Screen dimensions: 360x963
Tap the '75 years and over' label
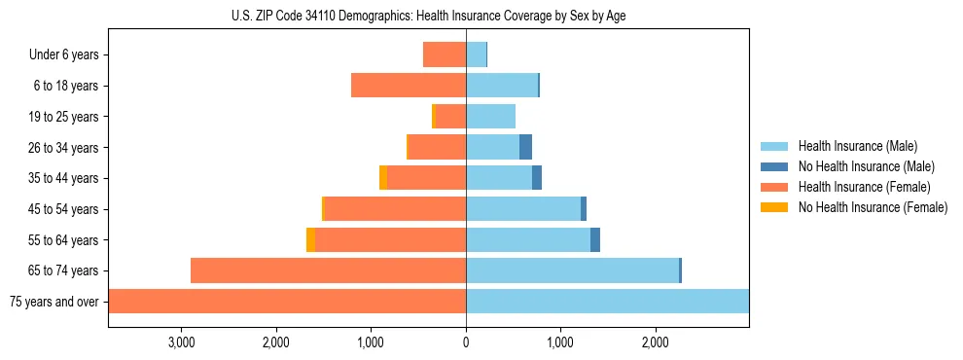tap(54, 302)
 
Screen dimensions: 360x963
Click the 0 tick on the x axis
tap(466, 343)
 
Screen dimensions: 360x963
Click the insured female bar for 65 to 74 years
tap(328, 270)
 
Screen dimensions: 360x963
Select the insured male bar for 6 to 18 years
tap(502, 86)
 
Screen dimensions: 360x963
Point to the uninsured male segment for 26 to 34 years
tap(525, 147)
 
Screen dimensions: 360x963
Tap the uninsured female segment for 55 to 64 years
tap(310, 239)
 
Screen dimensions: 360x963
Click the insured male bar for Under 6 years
tap(476, 54)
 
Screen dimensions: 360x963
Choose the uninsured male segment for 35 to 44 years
tap(536, 178)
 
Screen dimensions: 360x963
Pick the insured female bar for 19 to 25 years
tap(450, 117)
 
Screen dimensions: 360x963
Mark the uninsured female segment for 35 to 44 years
tap(383, 178)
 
